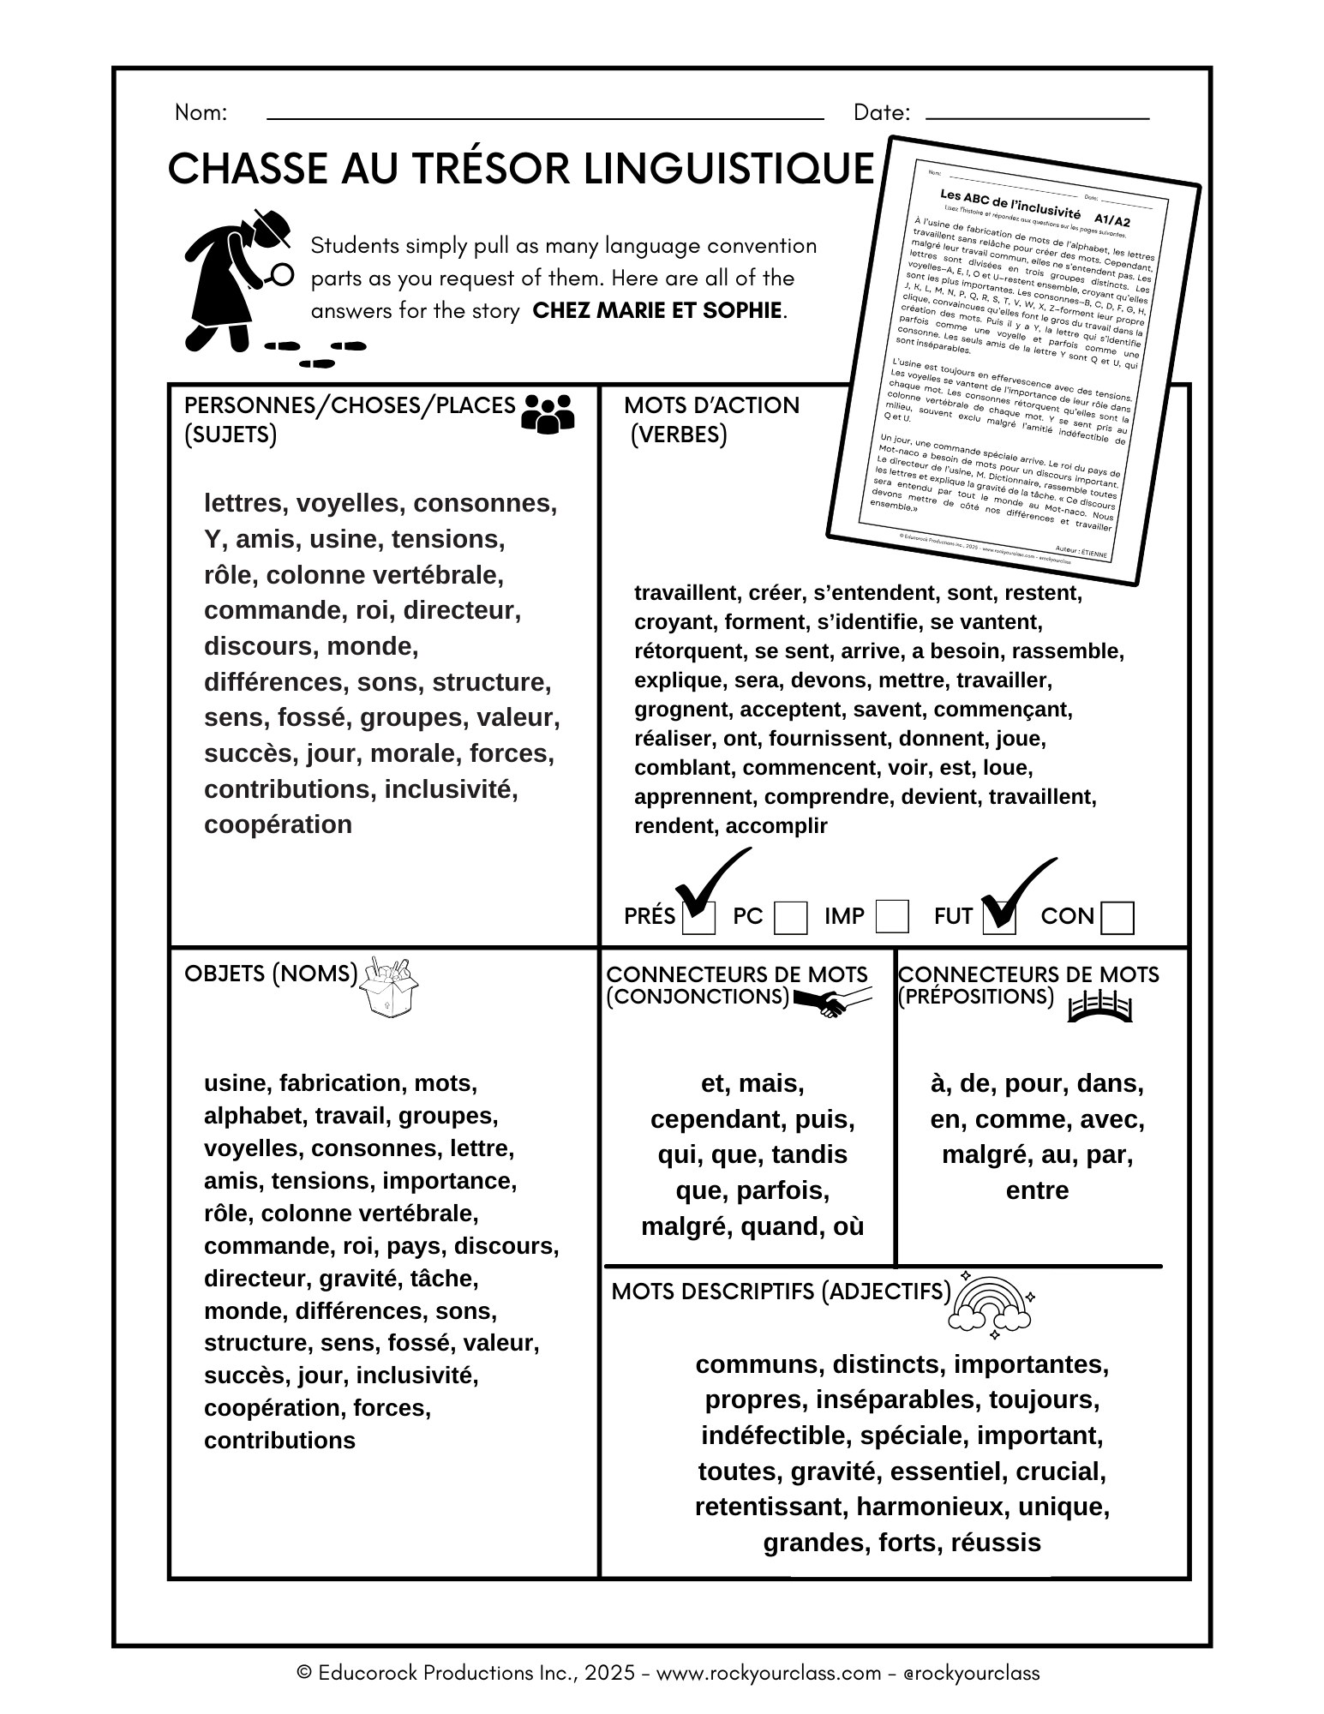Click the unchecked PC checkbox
pyautogui.click(x=790, y=918)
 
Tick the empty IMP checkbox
pyautogui.click(x=892, y=916)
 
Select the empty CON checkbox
pyautogui.click(x=1117, y=918)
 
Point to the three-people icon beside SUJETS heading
pyautogui.click(x=548, y=412)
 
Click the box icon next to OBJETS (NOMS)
pyautogui.click(x=389, y=988)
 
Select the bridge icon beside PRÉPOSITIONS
pyautogui.click(x=1100, y=1007)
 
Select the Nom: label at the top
pyautogui.click(x=201, y=112)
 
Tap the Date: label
pyautogui.click(x=881, y=112)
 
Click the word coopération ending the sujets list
pyautogui.click(x=278, y=824)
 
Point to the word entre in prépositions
pyautogui.click(x=1037, y=1190)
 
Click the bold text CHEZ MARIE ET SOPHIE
pyautogui.click(x=657, y=310)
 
